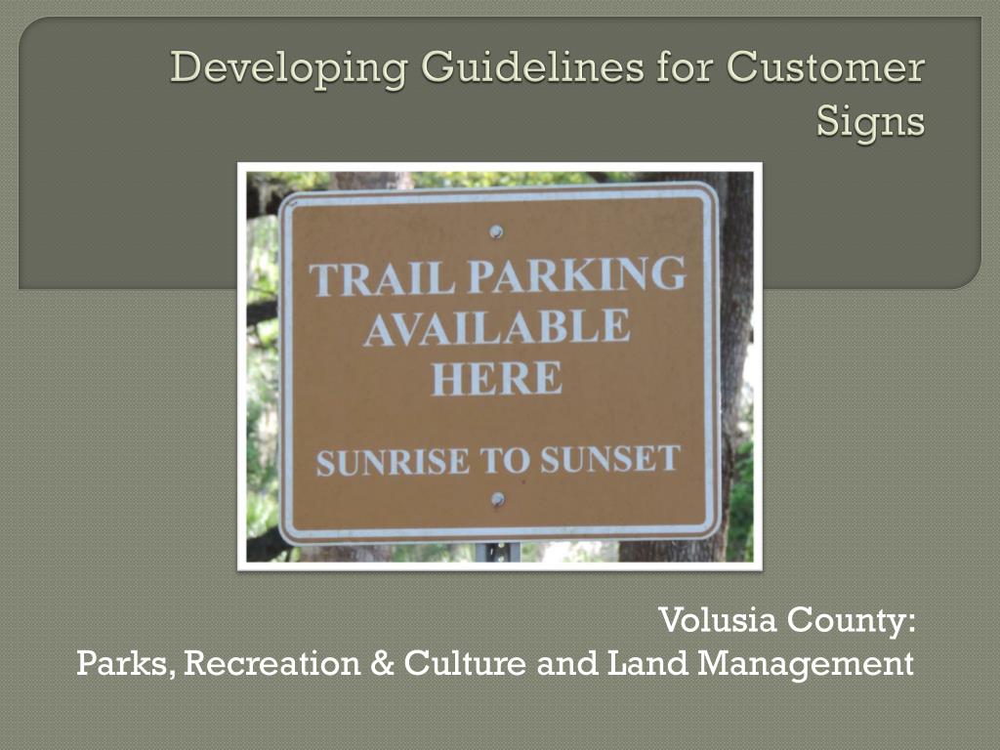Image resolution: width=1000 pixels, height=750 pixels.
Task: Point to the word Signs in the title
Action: point(870,122)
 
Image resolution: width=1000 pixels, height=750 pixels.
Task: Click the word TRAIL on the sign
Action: point(382,279)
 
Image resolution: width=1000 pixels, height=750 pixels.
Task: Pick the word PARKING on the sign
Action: point(576,274)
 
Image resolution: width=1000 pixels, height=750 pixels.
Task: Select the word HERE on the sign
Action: point(496,378)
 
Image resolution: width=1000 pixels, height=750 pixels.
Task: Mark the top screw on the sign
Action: point(496,231)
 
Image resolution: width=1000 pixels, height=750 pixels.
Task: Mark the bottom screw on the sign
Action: point(497,499)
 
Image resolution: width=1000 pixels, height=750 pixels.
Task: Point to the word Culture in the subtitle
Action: point(466,664)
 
